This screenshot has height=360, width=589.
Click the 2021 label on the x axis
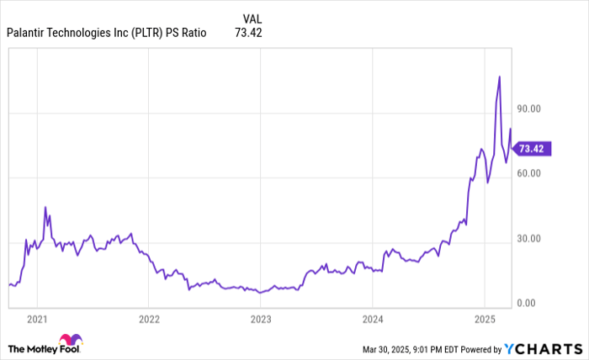click(x=36, y=319)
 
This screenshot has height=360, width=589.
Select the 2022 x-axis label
click(x=149, y=319)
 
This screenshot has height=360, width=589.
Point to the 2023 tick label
click(x=261, y=319)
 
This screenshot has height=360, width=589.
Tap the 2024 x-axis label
click(x=373, y=319)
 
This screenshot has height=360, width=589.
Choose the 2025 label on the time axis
click(x=485, y=319)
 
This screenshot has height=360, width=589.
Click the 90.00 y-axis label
click(x=528, y=109)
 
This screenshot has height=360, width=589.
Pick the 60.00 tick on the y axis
click(x=528, y=173)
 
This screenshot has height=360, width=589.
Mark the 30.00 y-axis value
click(x=528, y=239)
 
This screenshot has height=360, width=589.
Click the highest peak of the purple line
click(x=500, y=77)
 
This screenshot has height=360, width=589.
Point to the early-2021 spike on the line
click(x=45, y=207)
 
